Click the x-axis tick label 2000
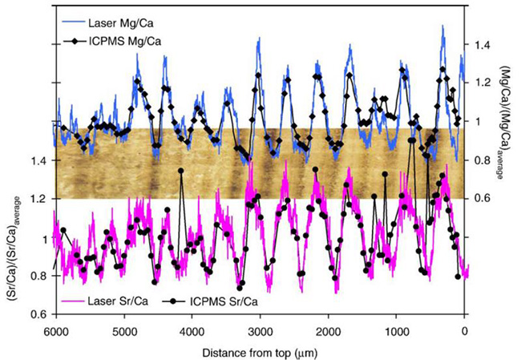click(x=328, y=330)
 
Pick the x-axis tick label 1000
click(x=396, y=330)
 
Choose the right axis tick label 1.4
click(x=482, y=46)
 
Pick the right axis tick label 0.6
click(x=482, y=199)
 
